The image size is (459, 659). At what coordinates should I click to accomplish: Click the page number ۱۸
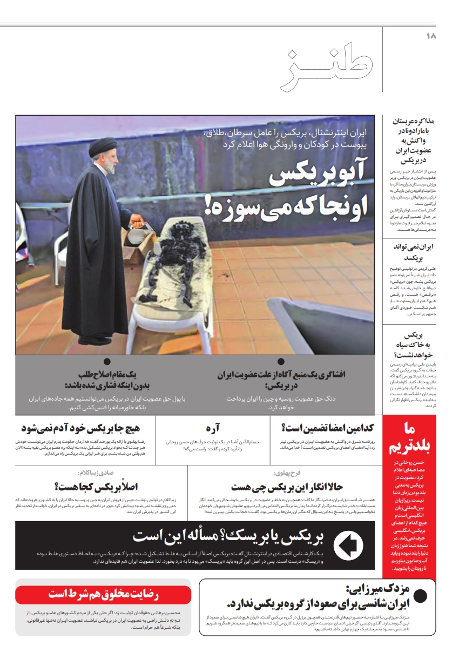[430, 36]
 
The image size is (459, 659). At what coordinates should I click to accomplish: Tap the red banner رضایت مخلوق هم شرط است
[103, 594]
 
